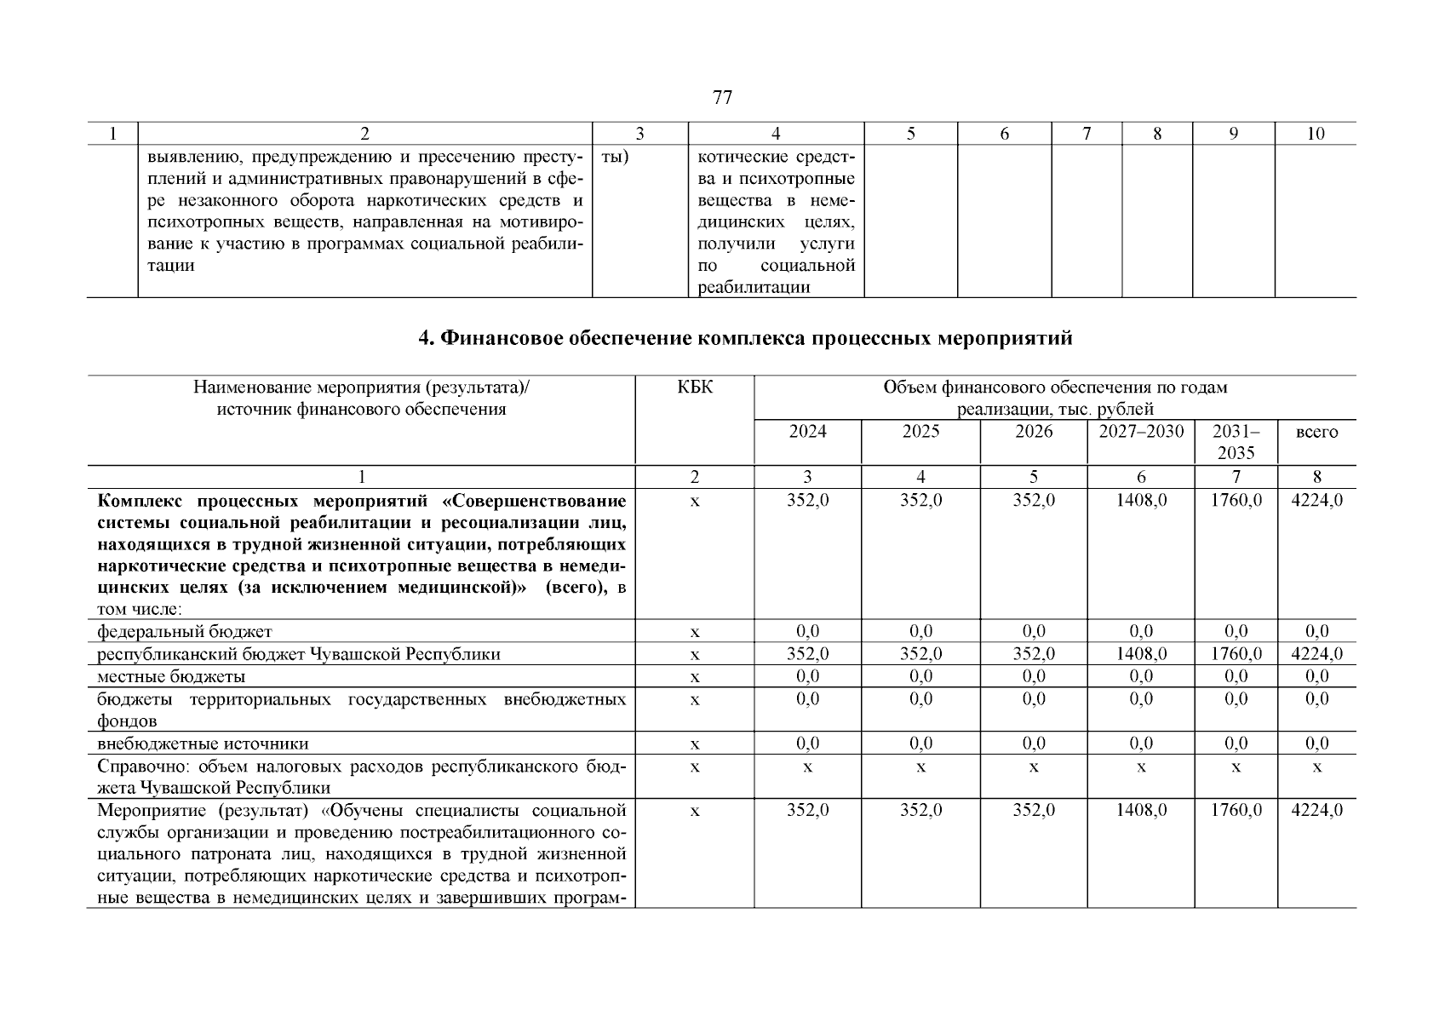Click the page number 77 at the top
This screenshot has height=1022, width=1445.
(x=721, y=98)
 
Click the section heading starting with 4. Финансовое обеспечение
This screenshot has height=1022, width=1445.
(x=745, y=339)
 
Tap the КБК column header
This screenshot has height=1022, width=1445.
(x=695, y=388)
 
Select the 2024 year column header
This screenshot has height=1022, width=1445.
(x=807, y=432)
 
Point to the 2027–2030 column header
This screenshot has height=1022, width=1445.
(x=1140, y=432)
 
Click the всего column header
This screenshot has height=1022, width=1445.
(x=1316, y=433)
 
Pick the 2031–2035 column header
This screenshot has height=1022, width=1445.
(x=1236, y=442)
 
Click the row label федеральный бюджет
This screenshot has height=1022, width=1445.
(x=185, y=632)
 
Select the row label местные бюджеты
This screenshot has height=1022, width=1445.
(x=171, y=677)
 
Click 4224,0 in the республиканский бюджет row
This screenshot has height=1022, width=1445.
(x=1316, y=654)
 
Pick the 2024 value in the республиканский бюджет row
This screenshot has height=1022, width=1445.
(x=807, y=654)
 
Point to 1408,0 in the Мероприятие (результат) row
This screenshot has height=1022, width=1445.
(x=1141, y=810)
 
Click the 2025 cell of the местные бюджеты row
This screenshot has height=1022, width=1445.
(x=920, y=677)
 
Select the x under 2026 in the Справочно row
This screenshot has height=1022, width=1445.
(x=1033, y=767)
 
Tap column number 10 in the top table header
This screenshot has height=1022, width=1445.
(x=1315, y=134)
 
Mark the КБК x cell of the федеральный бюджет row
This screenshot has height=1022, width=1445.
(x=695, y=632)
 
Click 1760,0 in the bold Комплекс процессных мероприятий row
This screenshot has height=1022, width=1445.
(x=1236, y=501)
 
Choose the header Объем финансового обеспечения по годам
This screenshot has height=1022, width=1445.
(x=1055, y=388)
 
